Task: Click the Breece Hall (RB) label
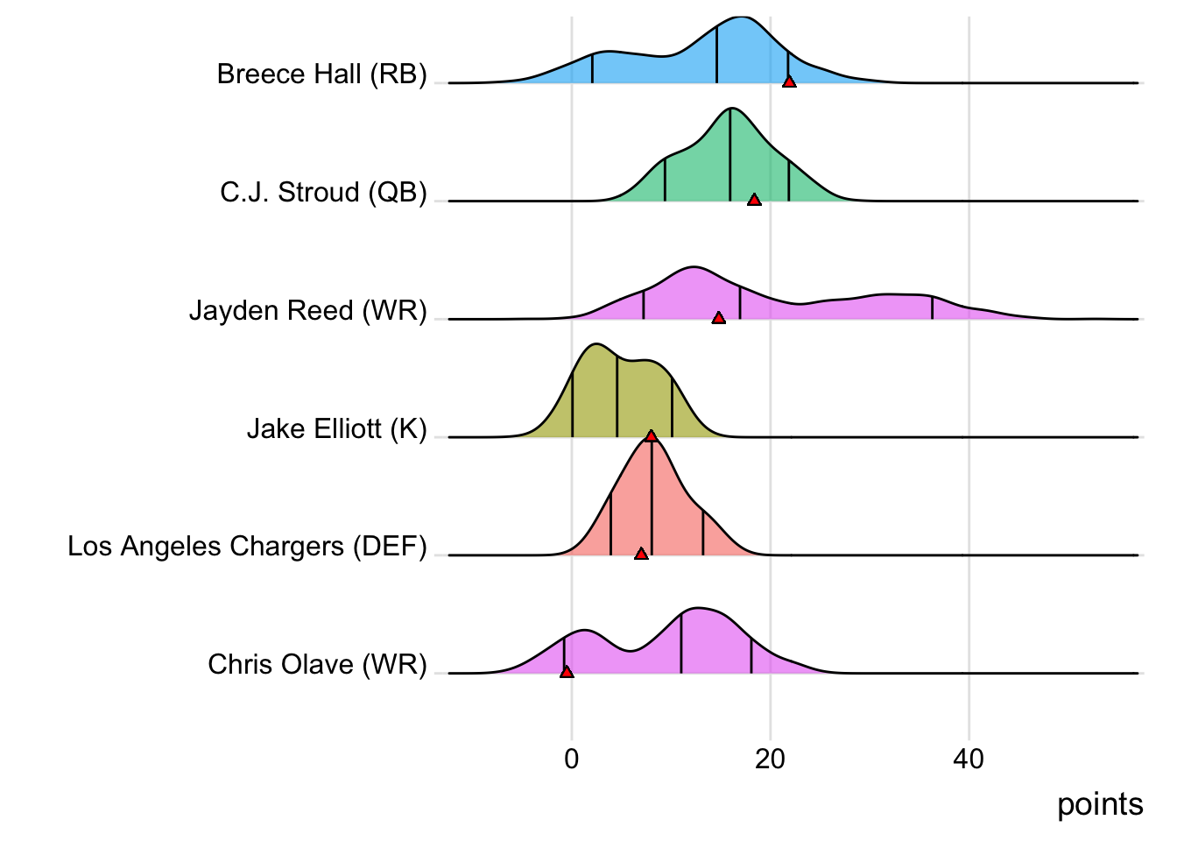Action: [x=321, y=74]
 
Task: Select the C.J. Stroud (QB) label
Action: [x=323, y=193]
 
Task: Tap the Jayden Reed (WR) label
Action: [x=308, y=311]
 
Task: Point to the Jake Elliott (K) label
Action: [x=336, y=429]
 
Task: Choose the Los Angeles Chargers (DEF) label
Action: [x=247, y=547]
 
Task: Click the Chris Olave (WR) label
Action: [x=317, y=665]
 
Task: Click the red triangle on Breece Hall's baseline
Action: [x=789, y=81]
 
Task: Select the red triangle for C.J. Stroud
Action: [x=754, y=200]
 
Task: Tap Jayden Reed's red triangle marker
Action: [x=719, y=317]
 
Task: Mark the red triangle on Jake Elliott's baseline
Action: [x=651, y=435]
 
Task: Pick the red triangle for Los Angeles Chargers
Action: [x=641, y=554]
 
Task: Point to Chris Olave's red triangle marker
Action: [x=567, y=672]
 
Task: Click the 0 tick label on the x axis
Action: [x=572, y=759]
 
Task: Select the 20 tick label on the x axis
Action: [x=771, y=759]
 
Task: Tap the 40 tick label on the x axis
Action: [x=969, y=759]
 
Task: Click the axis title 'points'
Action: [x=1100, y=804]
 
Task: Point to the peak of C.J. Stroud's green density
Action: [x=730, y=109]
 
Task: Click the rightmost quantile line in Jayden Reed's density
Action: [x=932, y=307]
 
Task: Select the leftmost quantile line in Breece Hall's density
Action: [x=592, y=68]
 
